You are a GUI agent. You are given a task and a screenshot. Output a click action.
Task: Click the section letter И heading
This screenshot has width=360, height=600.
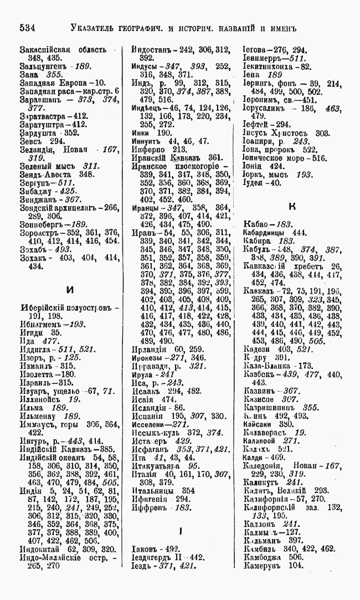[69, 289]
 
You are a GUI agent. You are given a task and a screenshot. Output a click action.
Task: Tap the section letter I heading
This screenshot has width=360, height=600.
[181, 530]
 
